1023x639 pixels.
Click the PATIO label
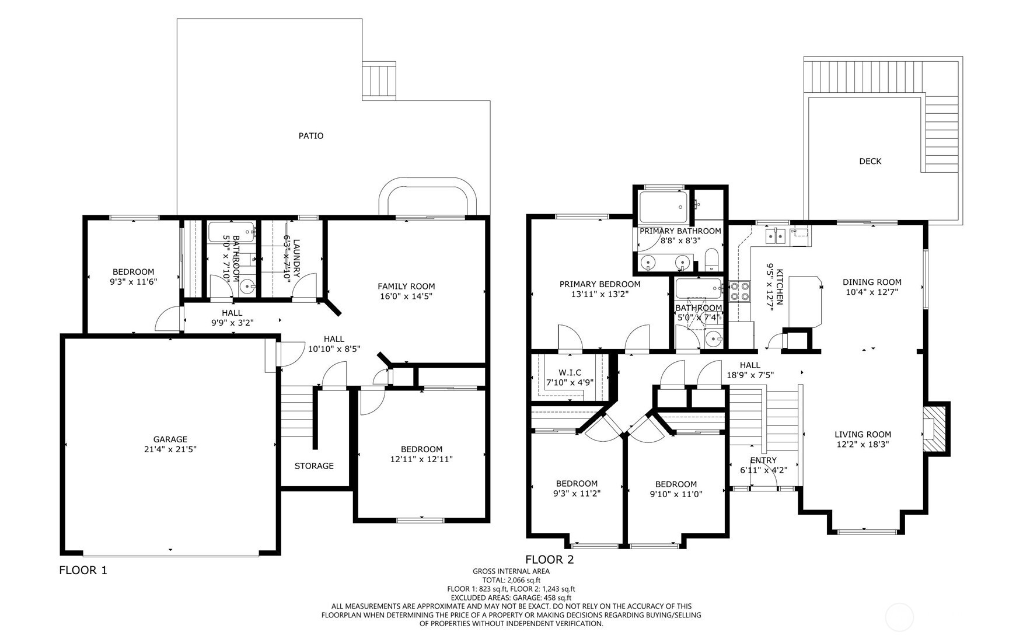[x=311, y=136]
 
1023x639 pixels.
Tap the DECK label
[x=870, y=162]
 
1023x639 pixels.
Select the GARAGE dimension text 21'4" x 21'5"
[x=170, y=449]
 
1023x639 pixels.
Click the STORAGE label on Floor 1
[x=314, y=466]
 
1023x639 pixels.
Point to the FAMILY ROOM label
[x=406, y=286]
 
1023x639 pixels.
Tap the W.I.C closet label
[x=570, y=373]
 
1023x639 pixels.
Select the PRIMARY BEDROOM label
[x=600, y=284]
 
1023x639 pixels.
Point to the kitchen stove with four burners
[x=740, y=291]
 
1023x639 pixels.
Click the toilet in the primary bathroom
[x=711, y=260]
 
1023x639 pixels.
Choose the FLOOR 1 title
[x=83, y=570]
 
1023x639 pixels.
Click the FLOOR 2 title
[x=550, y=560]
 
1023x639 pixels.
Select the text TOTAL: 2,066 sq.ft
[x=511, y=580]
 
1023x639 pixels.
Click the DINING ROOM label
[x=872, y=282]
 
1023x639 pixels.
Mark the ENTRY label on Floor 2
[x=763, y=460]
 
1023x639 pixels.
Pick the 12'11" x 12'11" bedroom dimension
[x=421, y=459]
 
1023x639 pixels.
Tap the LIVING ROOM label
[x=863, y=434]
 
